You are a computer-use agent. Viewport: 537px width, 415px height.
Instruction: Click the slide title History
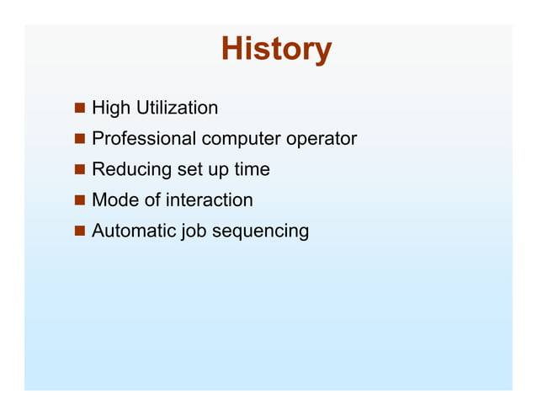coord(276,50)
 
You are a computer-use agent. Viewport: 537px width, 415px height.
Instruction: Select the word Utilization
coord(176,108)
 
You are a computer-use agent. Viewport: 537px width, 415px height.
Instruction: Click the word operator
coord(322,139)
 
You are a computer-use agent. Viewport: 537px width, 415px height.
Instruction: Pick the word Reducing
coord(130,169)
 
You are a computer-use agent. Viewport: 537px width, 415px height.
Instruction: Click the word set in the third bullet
coord(188,169)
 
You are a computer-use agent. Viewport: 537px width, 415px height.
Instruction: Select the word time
coord(252,169)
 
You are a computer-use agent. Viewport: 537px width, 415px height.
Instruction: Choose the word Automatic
coord(134,231)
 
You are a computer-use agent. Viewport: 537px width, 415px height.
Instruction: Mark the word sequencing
coord(260,231)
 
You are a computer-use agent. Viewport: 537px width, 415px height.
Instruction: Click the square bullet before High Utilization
coord(79,109)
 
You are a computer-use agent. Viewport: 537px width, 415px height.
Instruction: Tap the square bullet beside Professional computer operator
coord(79,139)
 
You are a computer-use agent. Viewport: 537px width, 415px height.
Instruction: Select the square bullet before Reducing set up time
coord(79,170)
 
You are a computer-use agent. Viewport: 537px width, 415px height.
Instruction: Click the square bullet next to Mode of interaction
coord(79,200)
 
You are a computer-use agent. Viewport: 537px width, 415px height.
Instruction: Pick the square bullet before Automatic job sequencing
coord(79,231)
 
